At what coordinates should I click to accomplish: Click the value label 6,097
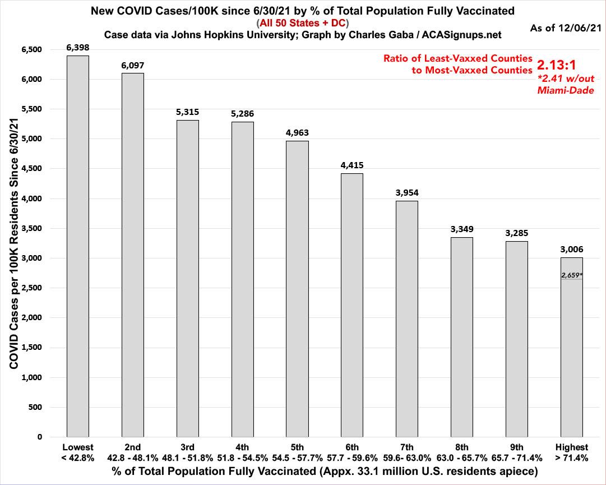(x=132, y=66)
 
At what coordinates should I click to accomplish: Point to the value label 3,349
(x=462, y=229)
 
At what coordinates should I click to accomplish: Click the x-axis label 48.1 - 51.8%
(x=187, y=457)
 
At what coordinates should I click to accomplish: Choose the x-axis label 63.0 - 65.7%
(x=462, y=457)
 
